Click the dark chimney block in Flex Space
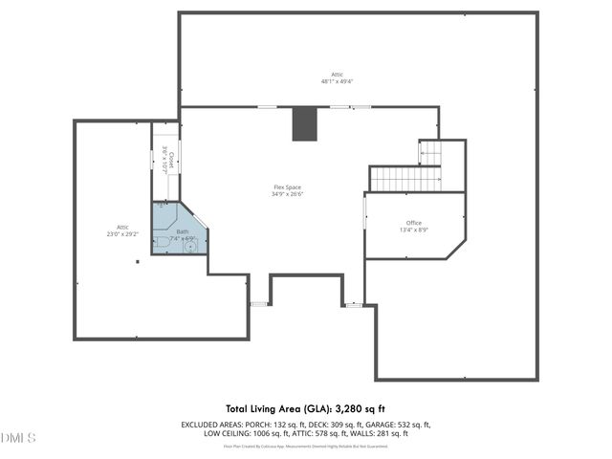click(303, 122)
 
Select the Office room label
click(413, 223)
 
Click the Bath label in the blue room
click(182, 231)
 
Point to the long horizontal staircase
click(404, 179)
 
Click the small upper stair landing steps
click(429, 152)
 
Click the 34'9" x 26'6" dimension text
click(287, 194)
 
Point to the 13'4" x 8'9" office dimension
click(413, 230)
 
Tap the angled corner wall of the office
click(455, 249)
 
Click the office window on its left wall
click(365, 212)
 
